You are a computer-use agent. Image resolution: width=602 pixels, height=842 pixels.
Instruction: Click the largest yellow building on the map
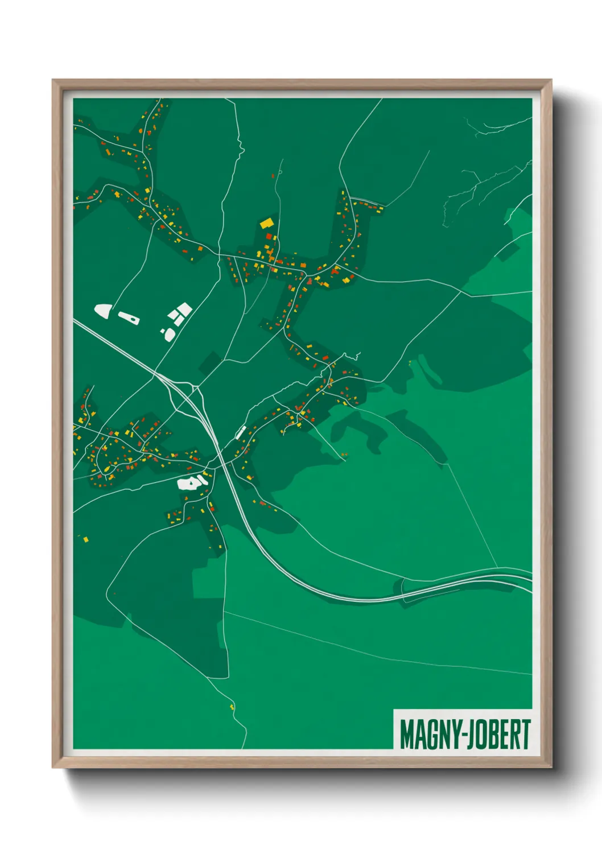pyautogui.click(x=266, y=223)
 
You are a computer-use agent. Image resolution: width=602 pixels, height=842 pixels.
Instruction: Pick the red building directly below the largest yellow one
pyautogui.click(x=269, y=236)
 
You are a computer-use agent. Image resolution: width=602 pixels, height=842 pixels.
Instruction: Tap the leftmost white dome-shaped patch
pyautogui.click(x=102, y=311)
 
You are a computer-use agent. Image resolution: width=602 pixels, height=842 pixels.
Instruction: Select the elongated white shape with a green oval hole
pyautogui.click(x=129, y=317)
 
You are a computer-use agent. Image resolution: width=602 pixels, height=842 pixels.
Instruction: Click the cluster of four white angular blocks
pyautogui.click(x=179, y=313)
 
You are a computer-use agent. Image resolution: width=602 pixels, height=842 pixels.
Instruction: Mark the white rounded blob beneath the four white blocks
pyautogui.click(x=168, y=334)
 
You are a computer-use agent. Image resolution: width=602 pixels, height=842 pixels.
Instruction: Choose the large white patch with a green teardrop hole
pyautogui.click(x=192, y=483)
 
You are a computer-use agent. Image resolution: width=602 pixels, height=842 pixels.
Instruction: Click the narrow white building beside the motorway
pyautogui.click(x=241, y=432)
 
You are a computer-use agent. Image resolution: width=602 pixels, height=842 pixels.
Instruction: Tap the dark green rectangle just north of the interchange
pyautogui.click(x=209, y=363)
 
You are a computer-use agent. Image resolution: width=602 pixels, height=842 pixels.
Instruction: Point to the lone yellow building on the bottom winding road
pyautogui.click(x=232, y=707)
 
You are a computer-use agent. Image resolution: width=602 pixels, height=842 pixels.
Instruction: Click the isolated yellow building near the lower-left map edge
pyautogui.click(x=86, y=538)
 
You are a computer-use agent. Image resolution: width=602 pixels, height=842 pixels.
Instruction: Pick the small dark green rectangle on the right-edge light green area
pyautogui.click(x=506, y=251)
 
